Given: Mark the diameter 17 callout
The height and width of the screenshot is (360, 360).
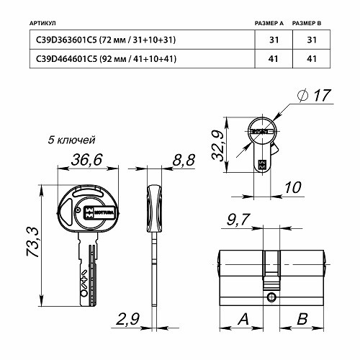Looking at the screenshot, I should [x=316, y=95].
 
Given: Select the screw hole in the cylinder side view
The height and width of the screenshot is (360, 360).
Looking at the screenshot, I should [x=270, y=296].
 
